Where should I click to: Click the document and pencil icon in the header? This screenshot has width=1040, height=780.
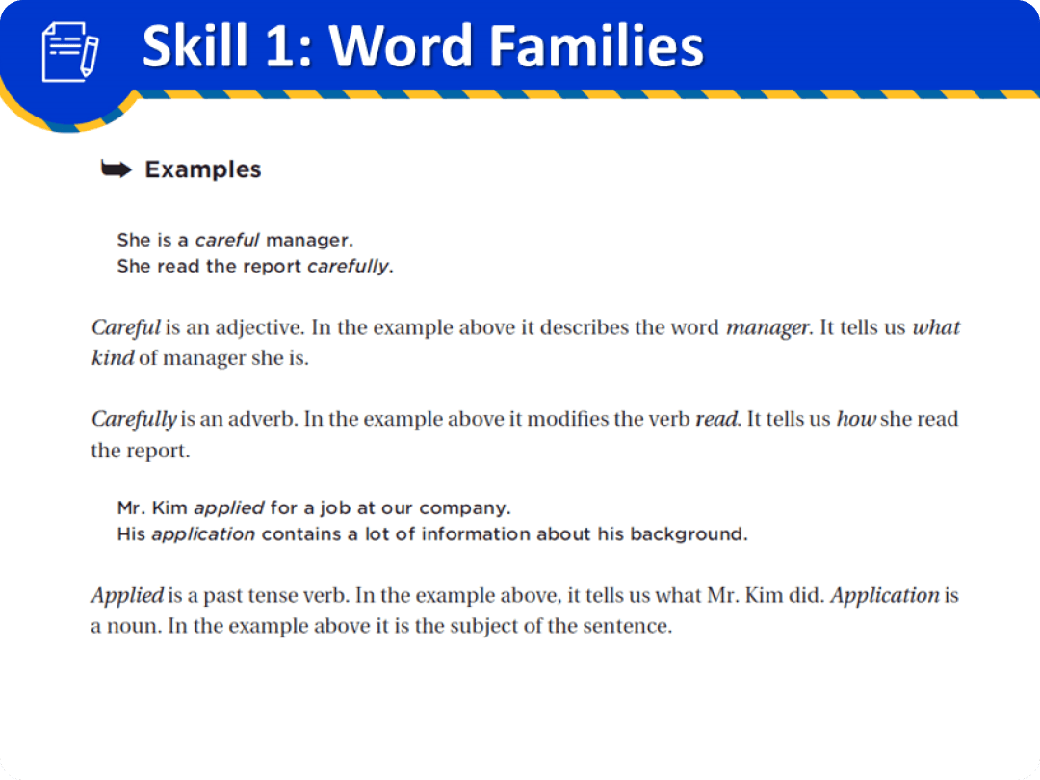click(x=70, y=53)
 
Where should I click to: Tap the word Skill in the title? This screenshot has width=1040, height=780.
click(x=196, y=45)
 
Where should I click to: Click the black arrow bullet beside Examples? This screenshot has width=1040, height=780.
click(x=117, y=170)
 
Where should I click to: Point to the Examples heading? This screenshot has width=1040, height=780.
click(x=202, y=169)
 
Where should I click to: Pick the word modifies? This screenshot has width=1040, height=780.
click(x=595, y=420)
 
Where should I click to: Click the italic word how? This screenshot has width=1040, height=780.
click(x=855, y=420)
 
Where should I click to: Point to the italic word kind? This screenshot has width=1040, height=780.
click(x=111, y=358)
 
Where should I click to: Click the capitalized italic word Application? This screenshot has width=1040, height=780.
click(x=884, y=596)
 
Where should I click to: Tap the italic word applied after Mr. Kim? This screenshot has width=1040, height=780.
click(x=229, y=507)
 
